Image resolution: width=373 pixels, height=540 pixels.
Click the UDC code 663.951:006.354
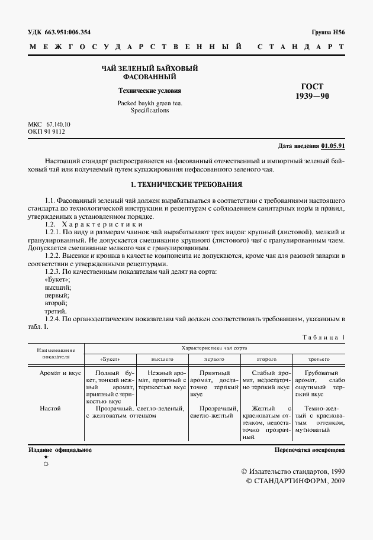pos(70,32)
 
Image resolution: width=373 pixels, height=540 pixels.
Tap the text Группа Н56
pos(327,32)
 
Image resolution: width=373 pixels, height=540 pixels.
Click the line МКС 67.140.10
pos(49,124)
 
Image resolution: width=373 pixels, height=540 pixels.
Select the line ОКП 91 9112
pos(47,131)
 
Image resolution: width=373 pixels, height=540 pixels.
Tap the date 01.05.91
pos(334,145)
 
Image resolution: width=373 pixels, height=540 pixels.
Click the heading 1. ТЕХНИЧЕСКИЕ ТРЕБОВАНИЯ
pos(186,185)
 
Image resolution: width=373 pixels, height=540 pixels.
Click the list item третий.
pos(56,311)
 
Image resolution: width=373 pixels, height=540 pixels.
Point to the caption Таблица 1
pos(324,337)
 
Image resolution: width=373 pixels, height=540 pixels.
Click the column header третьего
pos(319,359)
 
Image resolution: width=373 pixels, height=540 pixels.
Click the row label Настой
pos(50,408)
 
